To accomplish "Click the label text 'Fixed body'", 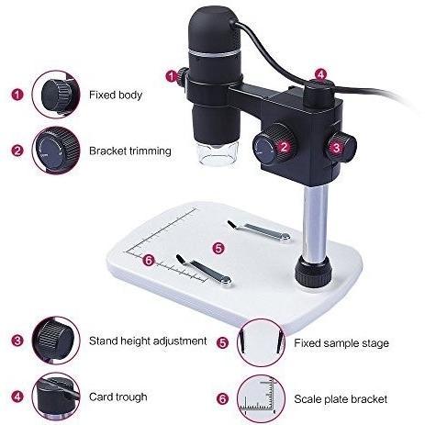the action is coord(116,95).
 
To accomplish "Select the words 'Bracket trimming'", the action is coord(130,151).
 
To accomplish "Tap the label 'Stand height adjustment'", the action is coord(148,341).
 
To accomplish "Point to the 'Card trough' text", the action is coord(118,397).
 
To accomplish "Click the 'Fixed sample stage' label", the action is coord(341,343).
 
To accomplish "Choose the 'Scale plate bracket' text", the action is coord(341,399).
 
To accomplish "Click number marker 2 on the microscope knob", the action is coord(285,147).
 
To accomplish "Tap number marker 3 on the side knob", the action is coord(336,148).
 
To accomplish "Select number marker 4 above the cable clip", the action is coord(320,74).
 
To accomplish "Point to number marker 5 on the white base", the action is coord(218,248).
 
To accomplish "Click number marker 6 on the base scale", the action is coord(149,261).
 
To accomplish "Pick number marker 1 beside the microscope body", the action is coord(172,76).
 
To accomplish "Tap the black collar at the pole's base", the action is coord(313,271).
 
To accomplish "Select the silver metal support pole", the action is coord(316,223).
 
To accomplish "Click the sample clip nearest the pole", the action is coord(259,230).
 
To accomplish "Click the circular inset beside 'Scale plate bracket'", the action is coord(261,398).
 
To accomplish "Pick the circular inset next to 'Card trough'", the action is coord(56,396).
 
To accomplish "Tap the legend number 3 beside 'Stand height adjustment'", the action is coord(17,341).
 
